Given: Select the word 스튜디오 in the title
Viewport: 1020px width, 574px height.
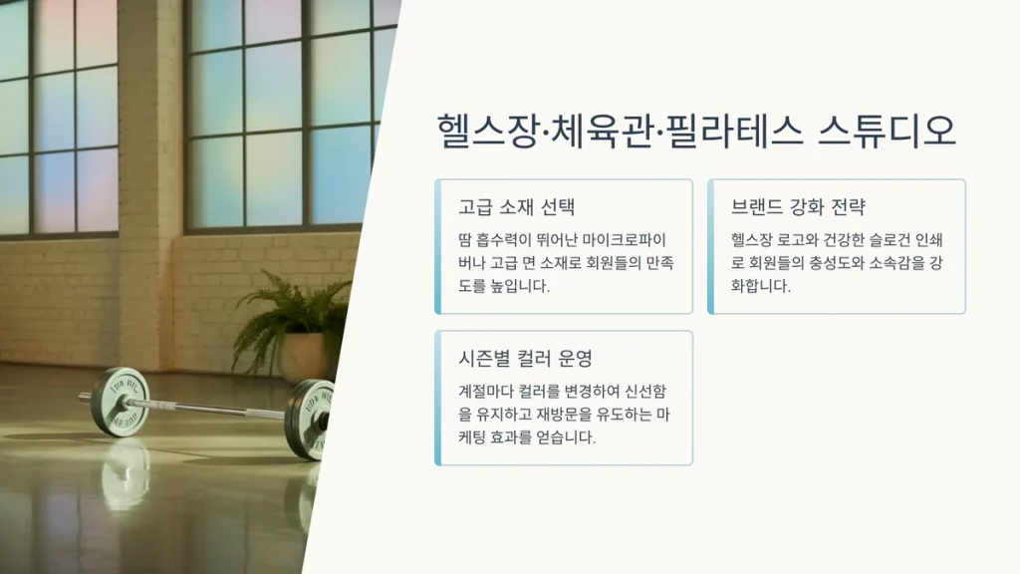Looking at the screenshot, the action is (x=887, y=131).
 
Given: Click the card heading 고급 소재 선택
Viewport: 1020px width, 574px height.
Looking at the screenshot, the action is (x=517, y=207).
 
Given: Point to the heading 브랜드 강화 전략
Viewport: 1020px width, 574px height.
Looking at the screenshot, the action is (x=798, y=207).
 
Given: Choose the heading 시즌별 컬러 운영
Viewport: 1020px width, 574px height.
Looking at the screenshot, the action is (x=526, y=358).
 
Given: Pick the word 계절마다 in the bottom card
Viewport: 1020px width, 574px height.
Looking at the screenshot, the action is (x=485, y=392).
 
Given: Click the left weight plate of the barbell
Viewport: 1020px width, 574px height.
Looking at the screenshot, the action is (x=120, y=402).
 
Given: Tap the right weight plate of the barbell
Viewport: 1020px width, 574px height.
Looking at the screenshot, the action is (x=311, y=419).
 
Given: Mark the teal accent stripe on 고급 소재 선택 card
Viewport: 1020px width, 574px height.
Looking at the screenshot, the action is (x=438, y=247).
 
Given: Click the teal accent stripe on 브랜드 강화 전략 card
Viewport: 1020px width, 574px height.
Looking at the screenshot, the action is (x=710, y=247).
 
